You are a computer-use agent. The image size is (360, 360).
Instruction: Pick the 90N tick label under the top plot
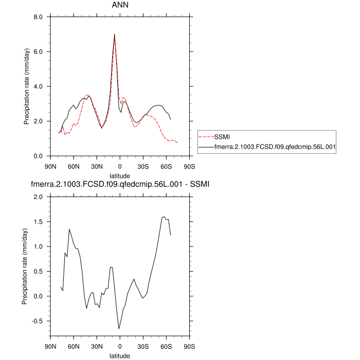(x=50, y=166)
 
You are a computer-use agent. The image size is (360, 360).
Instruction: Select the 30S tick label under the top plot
(x=143, y=166)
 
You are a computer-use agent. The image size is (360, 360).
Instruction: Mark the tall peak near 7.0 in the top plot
(x=114, y=35)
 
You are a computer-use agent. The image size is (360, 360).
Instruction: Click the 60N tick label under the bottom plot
(x=74, y=346)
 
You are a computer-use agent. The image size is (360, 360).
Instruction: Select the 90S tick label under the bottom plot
(x=189, y=346)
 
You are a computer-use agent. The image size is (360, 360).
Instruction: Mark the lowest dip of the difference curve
(x=119, y=329)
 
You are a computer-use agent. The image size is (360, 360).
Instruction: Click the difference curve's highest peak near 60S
(x=164, y=217)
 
